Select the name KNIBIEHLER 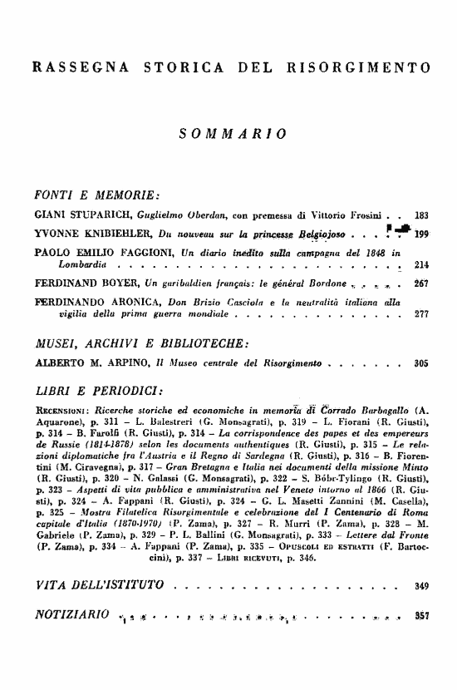click(x=114, y=234)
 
